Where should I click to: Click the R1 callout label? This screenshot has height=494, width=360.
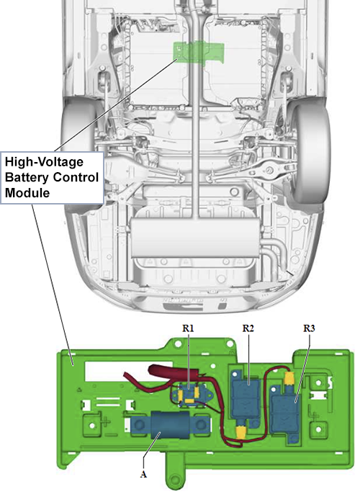point(188,328)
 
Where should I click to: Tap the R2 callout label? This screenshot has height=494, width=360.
point(248,328)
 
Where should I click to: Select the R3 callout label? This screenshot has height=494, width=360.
point(309,328)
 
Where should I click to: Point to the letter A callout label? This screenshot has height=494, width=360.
point(143,474)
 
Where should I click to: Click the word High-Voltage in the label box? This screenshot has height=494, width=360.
point(44,162)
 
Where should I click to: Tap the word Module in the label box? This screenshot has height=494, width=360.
point(27,192)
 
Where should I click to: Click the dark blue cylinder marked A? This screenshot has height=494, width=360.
point(170,424)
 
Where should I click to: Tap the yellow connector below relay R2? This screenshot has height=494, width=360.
point(241,431)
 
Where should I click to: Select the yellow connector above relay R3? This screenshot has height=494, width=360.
point(289,378)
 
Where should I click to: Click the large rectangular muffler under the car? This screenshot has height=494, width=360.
point(195,238)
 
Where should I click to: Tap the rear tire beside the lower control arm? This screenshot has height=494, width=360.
point(312,151)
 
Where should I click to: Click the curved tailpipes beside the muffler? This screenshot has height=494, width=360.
point(273,251)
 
